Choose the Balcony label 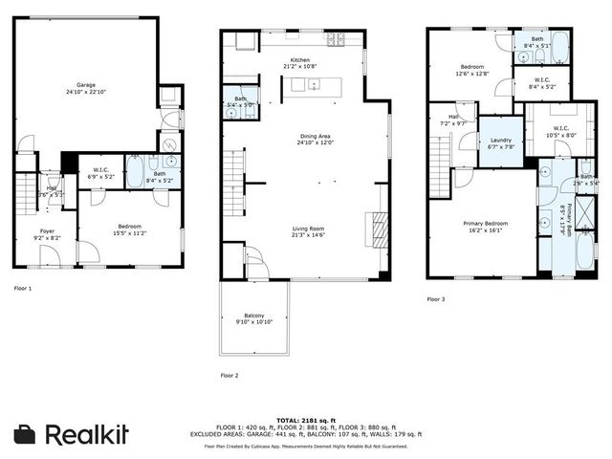pos(254,317)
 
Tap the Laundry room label pos(501,141)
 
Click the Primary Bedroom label pos(486,225)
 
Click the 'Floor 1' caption pos(22,288)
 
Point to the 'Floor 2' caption pos(229,375)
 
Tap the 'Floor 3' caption pos(436,299)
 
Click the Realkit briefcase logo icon pos(27,435)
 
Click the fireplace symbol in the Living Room pos(379,230)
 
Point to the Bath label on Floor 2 pos(239,100)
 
